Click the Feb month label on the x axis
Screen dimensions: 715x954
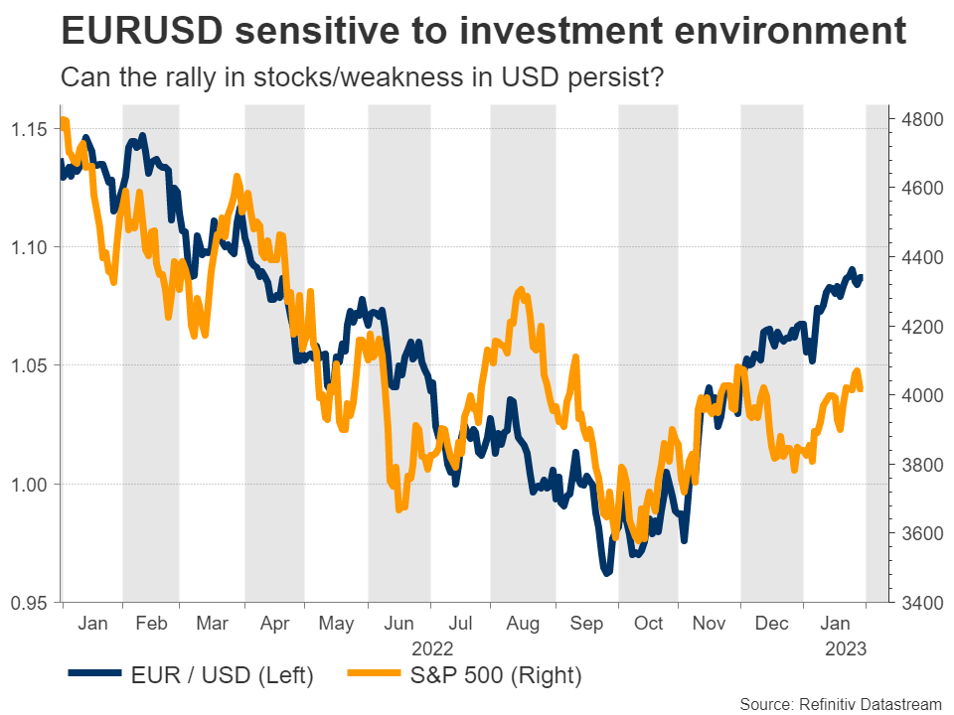coord(151,624)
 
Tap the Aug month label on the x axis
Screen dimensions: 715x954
coord(523,624)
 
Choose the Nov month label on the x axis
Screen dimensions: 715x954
coord(709,624)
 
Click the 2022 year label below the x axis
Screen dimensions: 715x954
coord(430,649)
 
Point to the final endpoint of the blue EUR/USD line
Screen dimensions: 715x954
coord(862,276)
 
